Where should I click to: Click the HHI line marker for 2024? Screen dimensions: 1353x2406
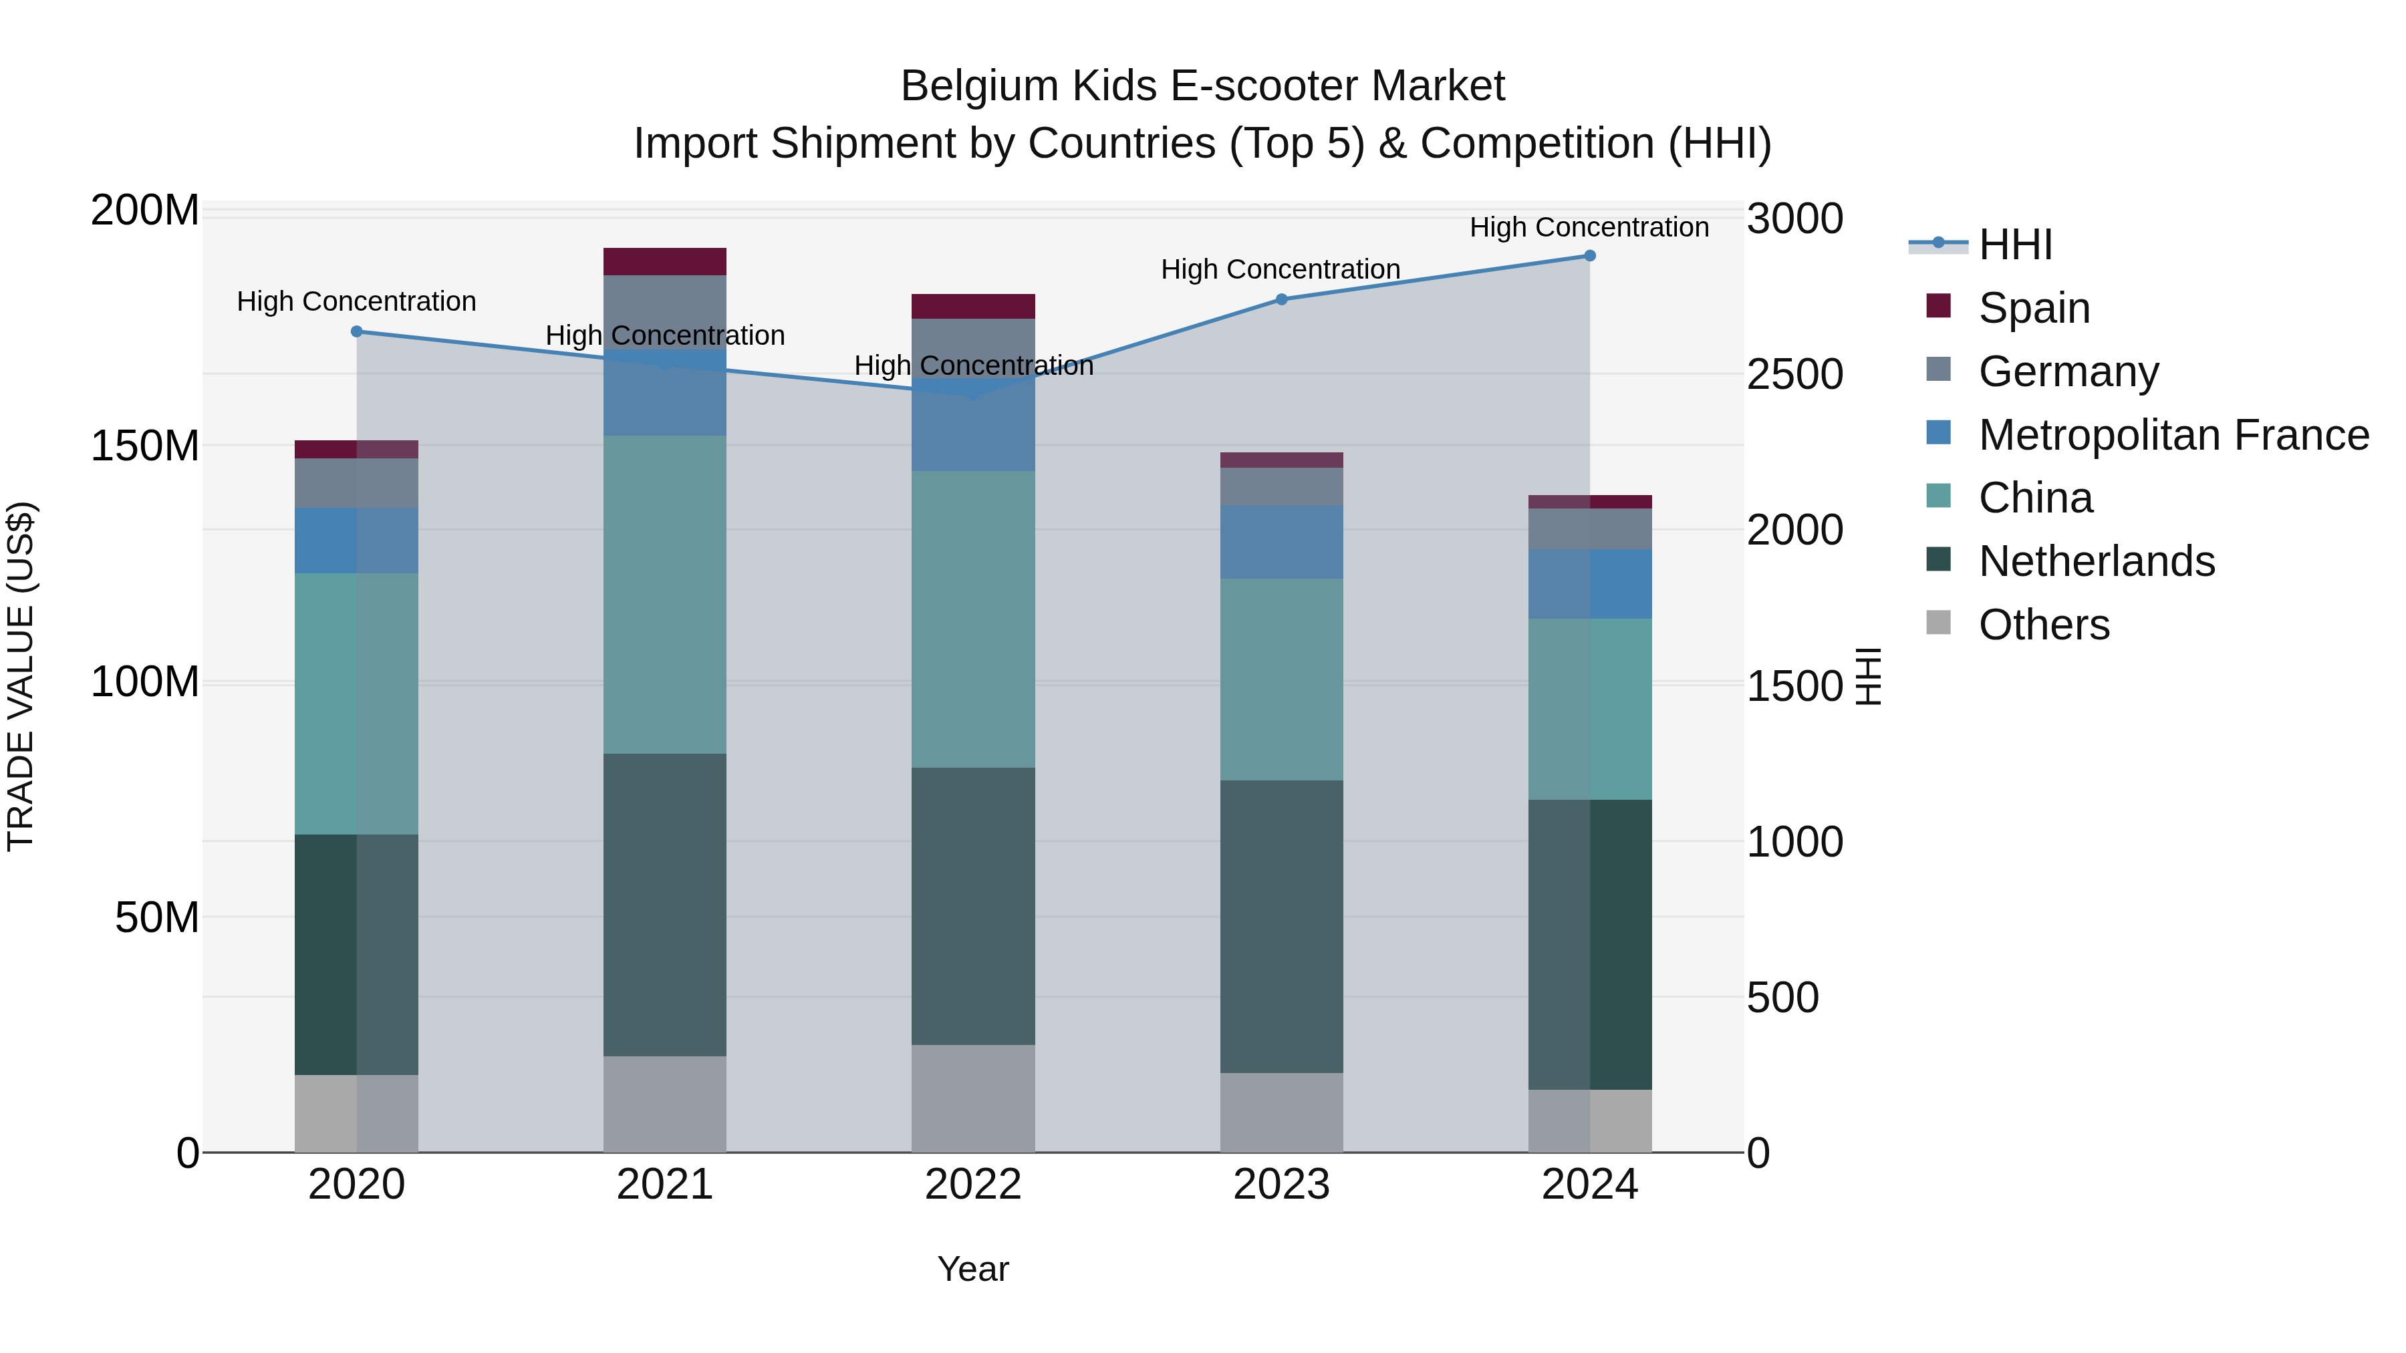pos(1590,256)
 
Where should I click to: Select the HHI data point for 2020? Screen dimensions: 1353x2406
pos(357,331)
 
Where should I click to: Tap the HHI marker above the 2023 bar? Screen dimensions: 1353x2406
pos(1281,300)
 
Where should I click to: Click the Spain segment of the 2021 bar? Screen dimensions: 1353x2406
pos(664,261)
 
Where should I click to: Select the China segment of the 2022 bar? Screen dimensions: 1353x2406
pos(973,619)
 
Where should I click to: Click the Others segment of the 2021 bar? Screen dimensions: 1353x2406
pos(664,1104)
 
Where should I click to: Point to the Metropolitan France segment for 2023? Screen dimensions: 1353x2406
pos(1281,542)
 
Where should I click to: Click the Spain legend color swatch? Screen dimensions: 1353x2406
pos(1938,306)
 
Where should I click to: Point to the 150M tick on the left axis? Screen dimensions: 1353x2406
pos(145,446)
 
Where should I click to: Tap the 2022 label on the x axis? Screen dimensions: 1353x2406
pos(973,1185)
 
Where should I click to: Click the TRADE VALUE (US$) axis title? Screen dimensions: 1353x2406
pos(21,676)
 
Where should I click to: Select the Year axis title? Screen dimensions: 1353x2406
pos(973,1269)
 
